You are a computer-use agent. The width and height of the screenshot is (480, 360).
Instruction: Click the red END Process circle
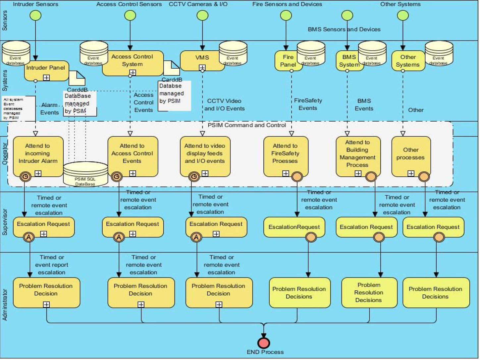click(264, 343)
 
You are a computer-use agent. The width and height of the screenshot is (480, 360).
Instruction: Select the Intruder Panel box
click(46, 71)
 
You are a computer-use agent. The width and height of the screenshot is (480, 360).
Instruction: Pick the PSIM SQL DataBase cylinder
click(85, 174)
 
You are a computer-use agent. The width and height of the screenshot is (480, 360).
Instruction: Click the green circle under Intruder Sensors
click(35, 16)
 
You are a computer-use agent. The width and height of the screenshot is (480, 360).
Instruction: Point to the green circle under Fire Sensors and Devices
click(286, 16)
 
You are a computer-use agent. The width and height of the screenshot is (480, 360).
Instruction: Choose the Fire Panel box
click(288, 61)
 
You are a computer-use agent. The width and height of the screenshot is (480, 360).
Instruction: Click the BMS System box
click(349, 61)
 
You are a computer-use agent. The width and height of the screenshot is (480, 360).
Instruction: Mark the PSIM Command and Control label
click(246, 125)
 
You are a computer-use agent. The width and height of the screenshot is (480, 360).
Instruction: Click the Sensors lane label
click(5, 21)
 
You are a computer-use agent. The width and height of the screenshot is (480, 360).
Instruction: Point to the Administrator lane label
click(5, 305)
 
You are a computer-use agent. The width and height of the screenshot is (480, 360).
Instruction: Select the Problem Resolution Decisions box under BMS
click(369, 292)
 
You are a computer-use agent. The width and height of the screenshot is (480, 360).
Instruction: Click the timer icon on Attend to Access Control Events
click(116, 177)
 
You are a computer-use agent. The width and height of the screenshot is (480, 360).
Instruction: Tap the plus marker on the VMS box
click(202, 68)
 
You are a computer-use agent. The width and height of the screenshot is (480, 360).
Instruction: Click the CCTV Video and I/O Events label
click(224, 105)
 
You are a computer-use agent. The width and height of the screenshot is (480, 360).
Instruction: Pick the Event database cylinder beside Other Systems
click(439, 53)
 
